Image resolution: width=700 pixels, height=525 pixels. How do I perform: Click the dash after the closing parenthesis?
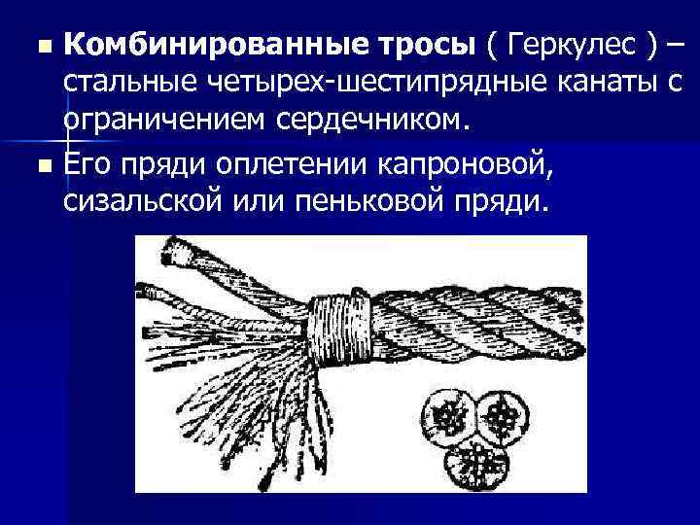(675, 44)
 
